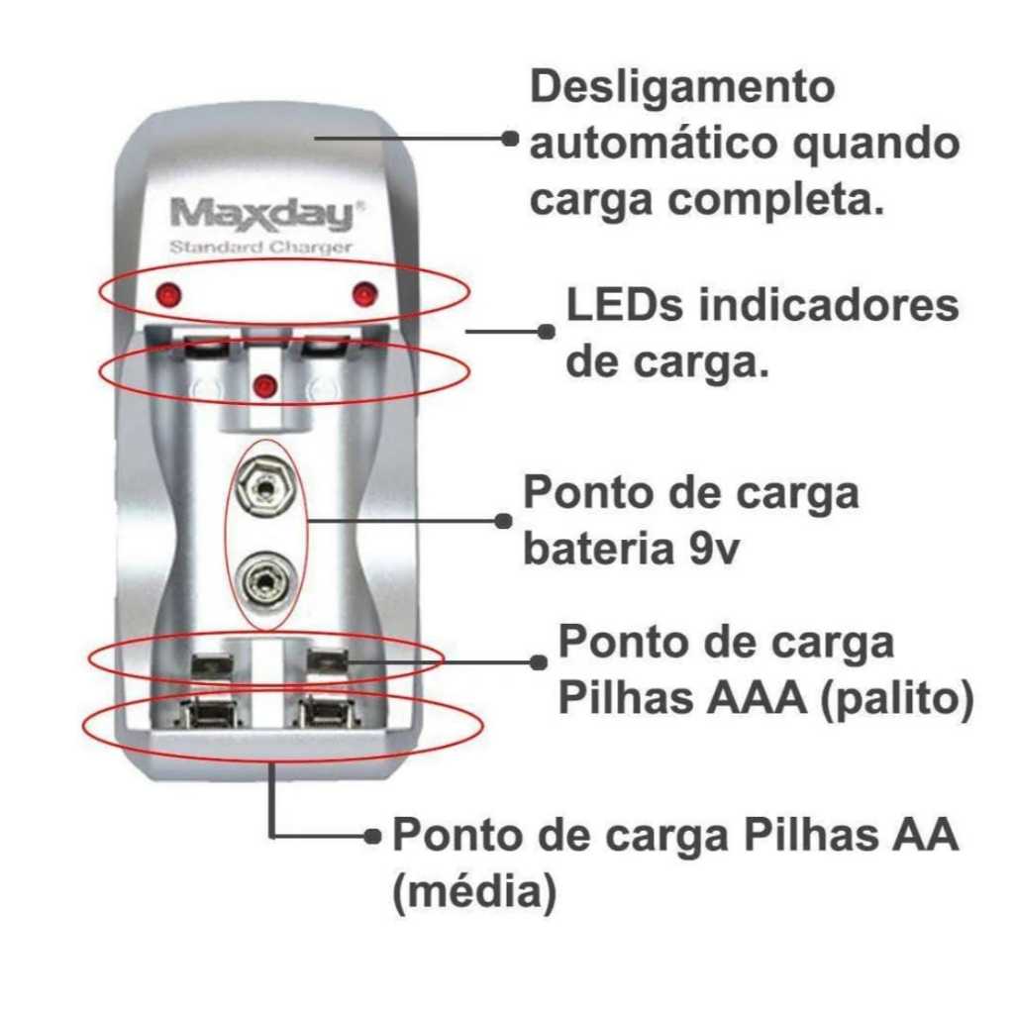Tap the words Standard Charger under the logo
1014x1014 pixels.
coord(261,248)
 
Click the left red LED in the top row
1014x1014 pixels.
coord(167,295)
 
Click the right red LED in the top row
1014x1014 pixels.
coord(364,294)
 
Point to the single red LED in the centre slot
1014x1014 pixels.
coord(263,385)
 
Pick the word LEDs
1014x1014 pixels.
coord(624,306)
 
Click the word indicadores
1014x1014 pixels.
coord(829,306)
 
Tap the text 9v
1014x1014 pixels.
coord(711,551)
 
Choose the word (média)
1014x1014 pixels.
coord(472,893)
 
